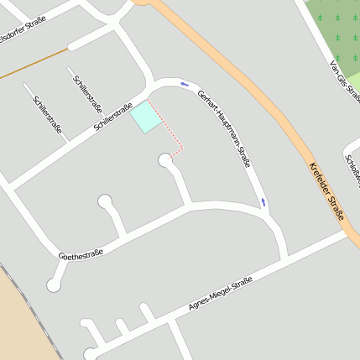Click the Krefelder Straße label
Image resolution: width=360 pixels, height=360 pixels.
(327, 191)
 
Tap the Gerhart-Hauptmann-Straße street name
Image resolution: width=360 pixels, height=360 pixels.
(225, 128)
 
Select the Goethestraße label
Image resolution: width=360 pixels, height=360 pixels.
(81, 253)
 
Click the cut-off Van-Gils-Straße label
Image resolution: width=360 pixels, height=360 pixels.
(344, 77)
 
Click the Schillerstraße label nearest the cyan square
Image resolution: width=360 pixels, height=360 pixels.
(114, 116)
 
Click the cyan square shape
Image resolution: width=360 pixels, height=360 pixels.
(145, 117)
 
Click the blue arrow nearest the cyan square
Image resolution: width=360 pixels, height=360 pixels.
(184, 83)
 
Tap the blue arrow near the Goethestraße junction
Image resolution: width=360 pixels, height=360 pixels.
(263, 201)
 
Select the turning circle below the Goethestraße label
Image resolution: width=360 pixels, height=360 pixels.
(55, 285)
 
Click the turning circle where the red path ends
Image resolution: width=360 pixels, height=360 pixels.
(165, 159)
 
